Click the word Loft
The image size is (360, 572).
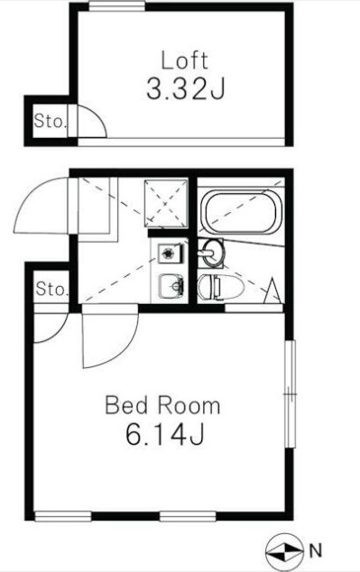pos(185,61)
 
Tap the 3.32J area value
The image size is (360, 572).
pos(185,89)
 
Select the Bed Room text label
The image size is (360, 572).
pos(162,406)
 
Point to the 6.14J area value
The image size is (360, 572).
pos(164,434)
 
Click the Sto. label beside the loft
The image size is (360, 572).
pos(51,121)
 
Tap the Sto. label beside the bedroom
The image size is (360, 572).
pos(51,290)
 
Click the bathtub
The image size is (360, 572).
pos(241,212)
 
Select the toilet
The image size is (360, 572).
pos(220,287)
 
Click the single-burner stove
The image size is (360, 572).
pos(171,254)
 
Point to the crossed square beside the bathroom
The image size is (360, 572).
pos(166,203)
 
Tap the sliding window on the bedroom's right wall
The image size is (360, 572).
pos(290,394)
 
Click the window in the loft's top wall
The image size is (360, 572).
pos(117,6)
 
